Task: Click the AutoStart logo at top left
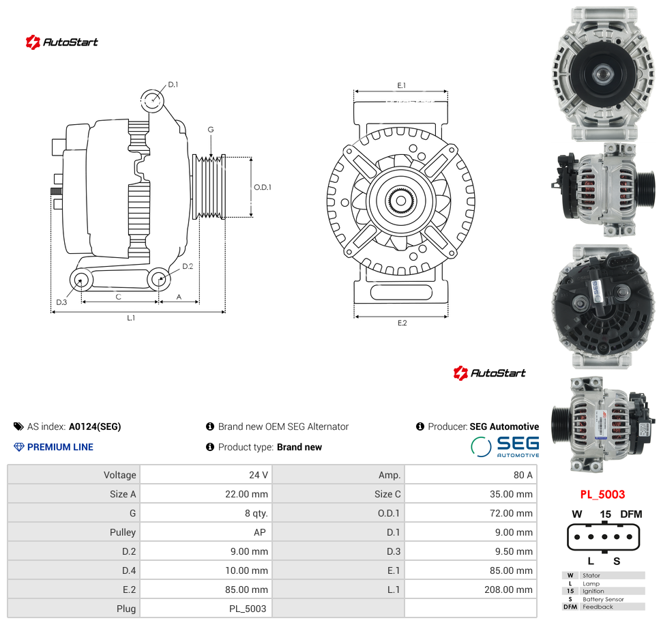click(x=61, y=42)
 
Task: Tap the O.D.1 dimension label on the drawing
click(x=262, y=187)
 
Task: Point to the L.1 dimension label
click(x=131, y=318)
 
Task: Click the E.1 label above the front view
click(x=401, y=85)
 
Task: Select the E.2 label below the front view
click(x=402, y=323)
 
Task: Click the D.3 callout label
click(x=61, y=302)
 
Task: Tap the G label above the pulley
click(x=211, y=130)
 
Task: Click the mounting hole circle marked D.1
click(x=151, y=100)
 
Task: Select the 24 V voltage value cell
click(x=259, y=475)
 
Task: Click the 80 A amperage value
click(x=523, y=475)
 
